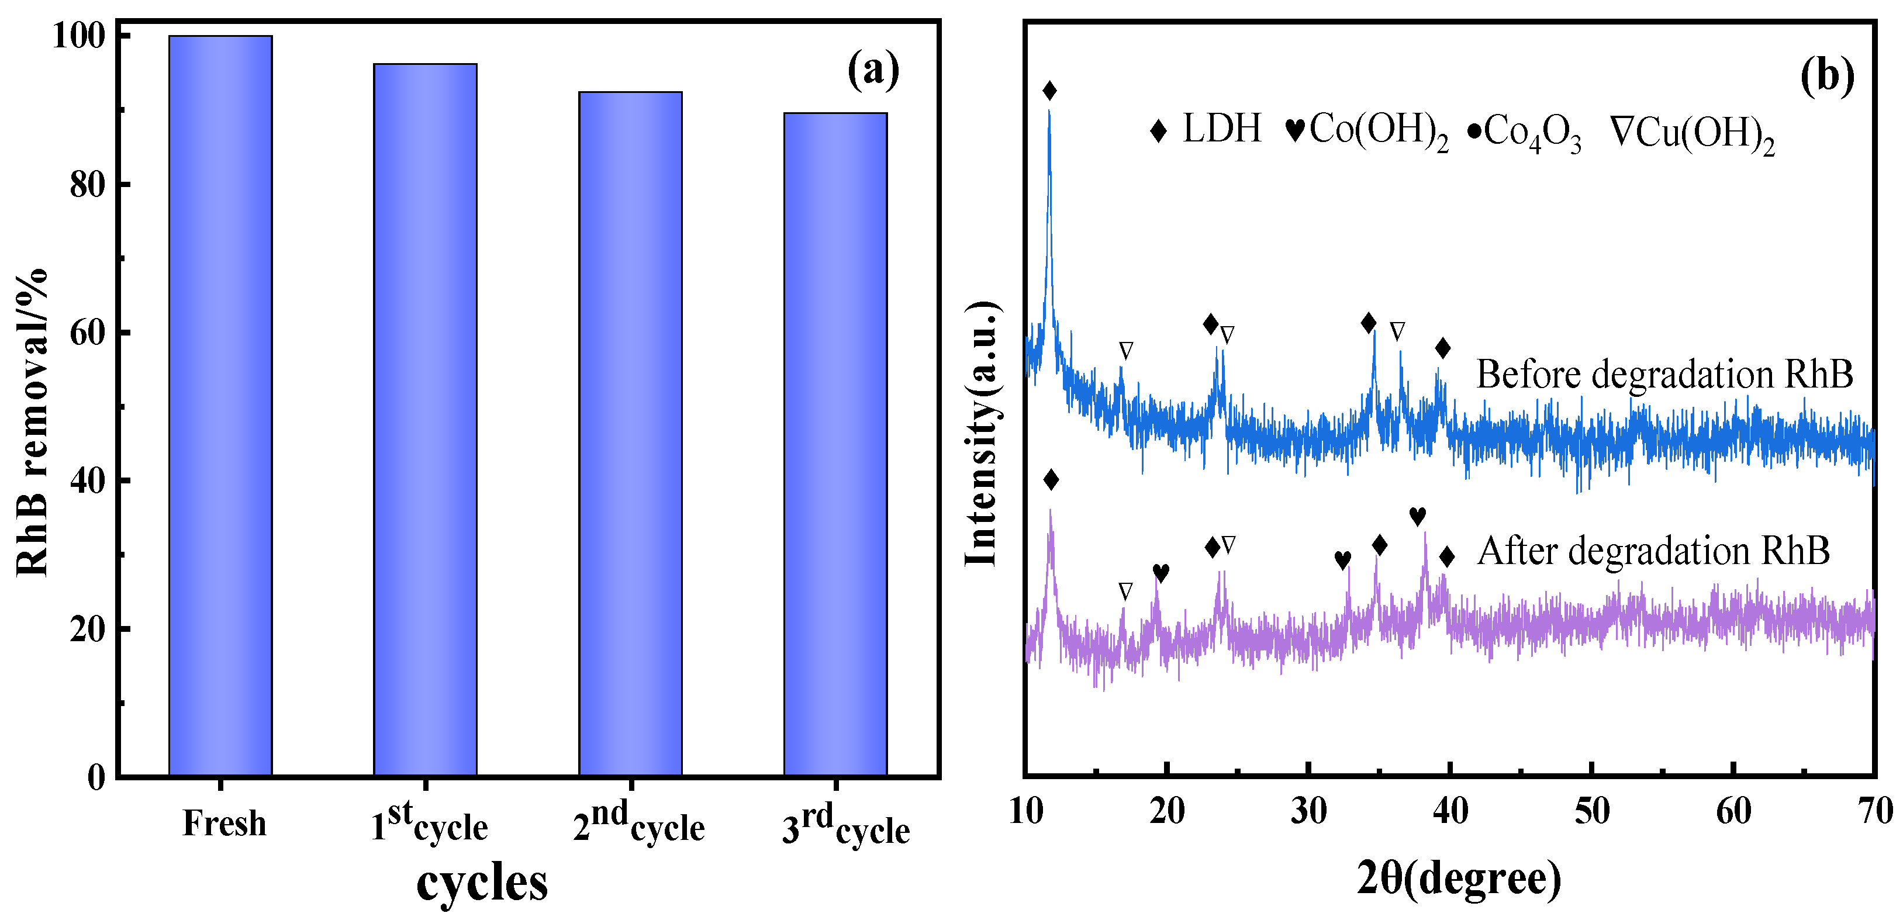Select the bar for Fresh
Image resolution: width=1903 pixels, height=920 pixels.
(220, 406)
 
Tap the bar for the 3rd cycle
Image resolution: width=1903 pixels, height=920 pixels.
(835, 444)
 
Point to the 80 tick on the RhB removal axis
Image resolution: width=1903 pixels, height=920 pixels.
(87, 185)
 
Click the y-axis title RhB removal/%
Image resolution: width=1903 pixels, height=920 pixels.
(32, 423)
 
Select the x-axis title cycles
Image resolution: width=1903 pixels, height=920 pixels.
(482, 881)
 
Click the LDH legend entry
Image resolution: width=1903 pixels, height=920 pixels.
(1206, 129)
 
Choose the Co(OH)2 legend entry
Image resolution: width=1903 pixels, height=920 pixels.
(1367, 132)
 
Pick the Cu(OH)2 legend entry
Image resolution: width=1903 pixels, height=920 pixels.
(1693, 134)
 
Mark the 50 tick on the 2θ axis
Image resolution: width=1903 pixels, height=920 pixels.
(1592, 811)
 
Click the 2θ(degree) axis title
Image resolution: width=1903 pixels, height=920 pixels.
(1459, 879)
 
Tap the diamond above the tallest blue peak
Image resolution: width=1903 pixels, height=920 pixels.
(1049, 91)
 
